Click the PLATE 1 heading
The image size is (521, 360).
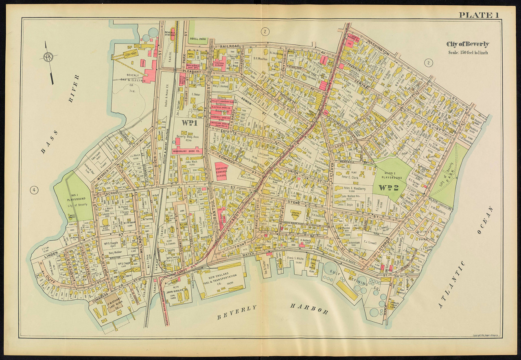tap(479, 15)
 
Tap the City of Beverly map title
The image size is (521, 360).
tap(468, 44)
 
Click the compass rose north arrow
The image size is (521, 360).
tap(48, 57)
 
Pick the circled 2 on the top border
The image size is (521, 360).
tap(265, 31)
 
